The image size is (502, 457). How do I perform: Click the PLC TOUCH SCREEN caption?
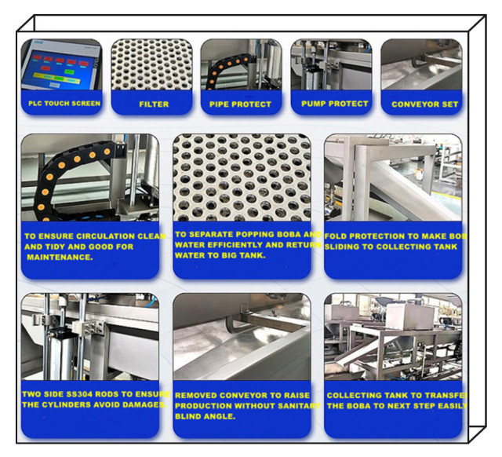60,103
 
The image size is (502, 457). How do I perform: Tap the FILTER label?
153,104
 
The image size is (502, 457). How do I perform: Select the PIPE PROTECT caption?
240,104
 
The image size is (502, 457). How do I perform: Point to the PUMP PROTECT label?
334,103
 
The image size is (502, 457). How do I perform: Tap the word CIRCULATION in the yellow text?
96,235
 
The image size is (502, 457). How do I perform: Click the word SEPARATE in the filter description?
215,234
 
